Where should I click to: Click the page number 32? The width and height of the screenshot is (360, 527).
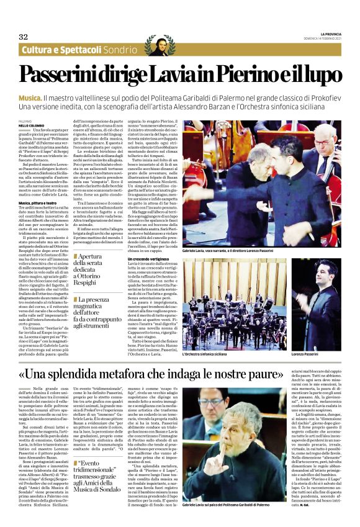[x=23, y=37]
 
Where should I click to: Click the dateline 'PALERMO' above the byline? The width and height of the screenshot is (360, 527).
[x=26, y=122]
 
